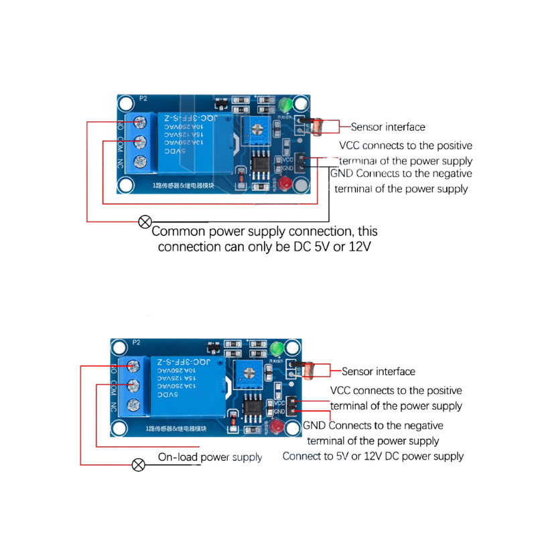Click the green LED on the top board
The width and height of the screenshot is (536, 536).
pos(285,105)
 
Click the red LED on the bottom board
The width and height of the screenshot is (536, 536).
pos(275,428)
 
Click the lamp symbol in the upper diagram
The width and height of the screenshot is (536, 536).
pos(144,222)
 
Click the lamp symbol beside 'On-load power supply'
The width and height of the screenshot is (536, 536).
pos(139,464)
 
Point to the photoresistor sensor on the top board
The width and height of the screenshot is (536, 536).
pos(314,125)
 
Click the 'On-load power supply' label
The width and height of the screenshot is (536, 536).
pos(210,458)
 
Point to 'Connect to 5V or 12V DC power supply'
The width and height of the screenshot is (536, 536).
pos(373,456)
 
